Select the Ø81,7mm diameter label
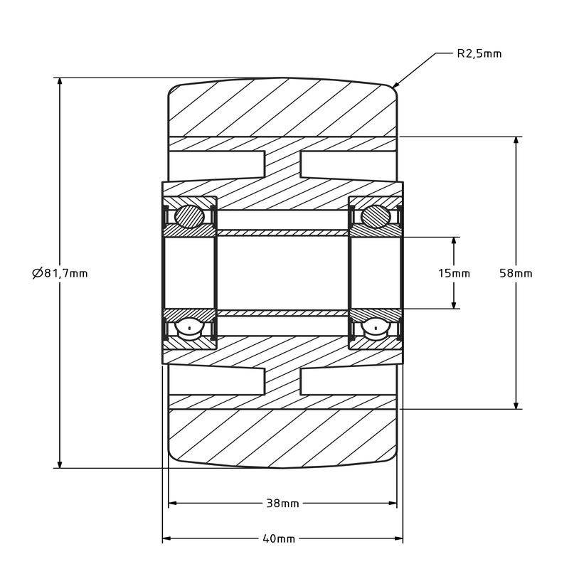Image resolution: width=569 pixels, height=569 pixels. click(x=60, y=273)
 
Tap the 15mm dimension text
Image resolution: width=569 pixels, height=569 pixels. click(x=454, y=273)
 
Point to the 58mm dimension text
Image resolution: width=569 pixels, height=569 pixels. click(x=516, y=273)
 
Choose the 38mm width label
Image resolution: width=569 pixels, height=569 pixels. click(x=282, y=504)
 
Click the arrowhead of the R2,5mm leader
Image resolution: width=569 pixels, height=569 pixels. click(x=395, y=85)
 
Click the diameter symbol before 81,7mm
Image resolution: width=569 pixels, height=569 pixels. click(x=38, y=273)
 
